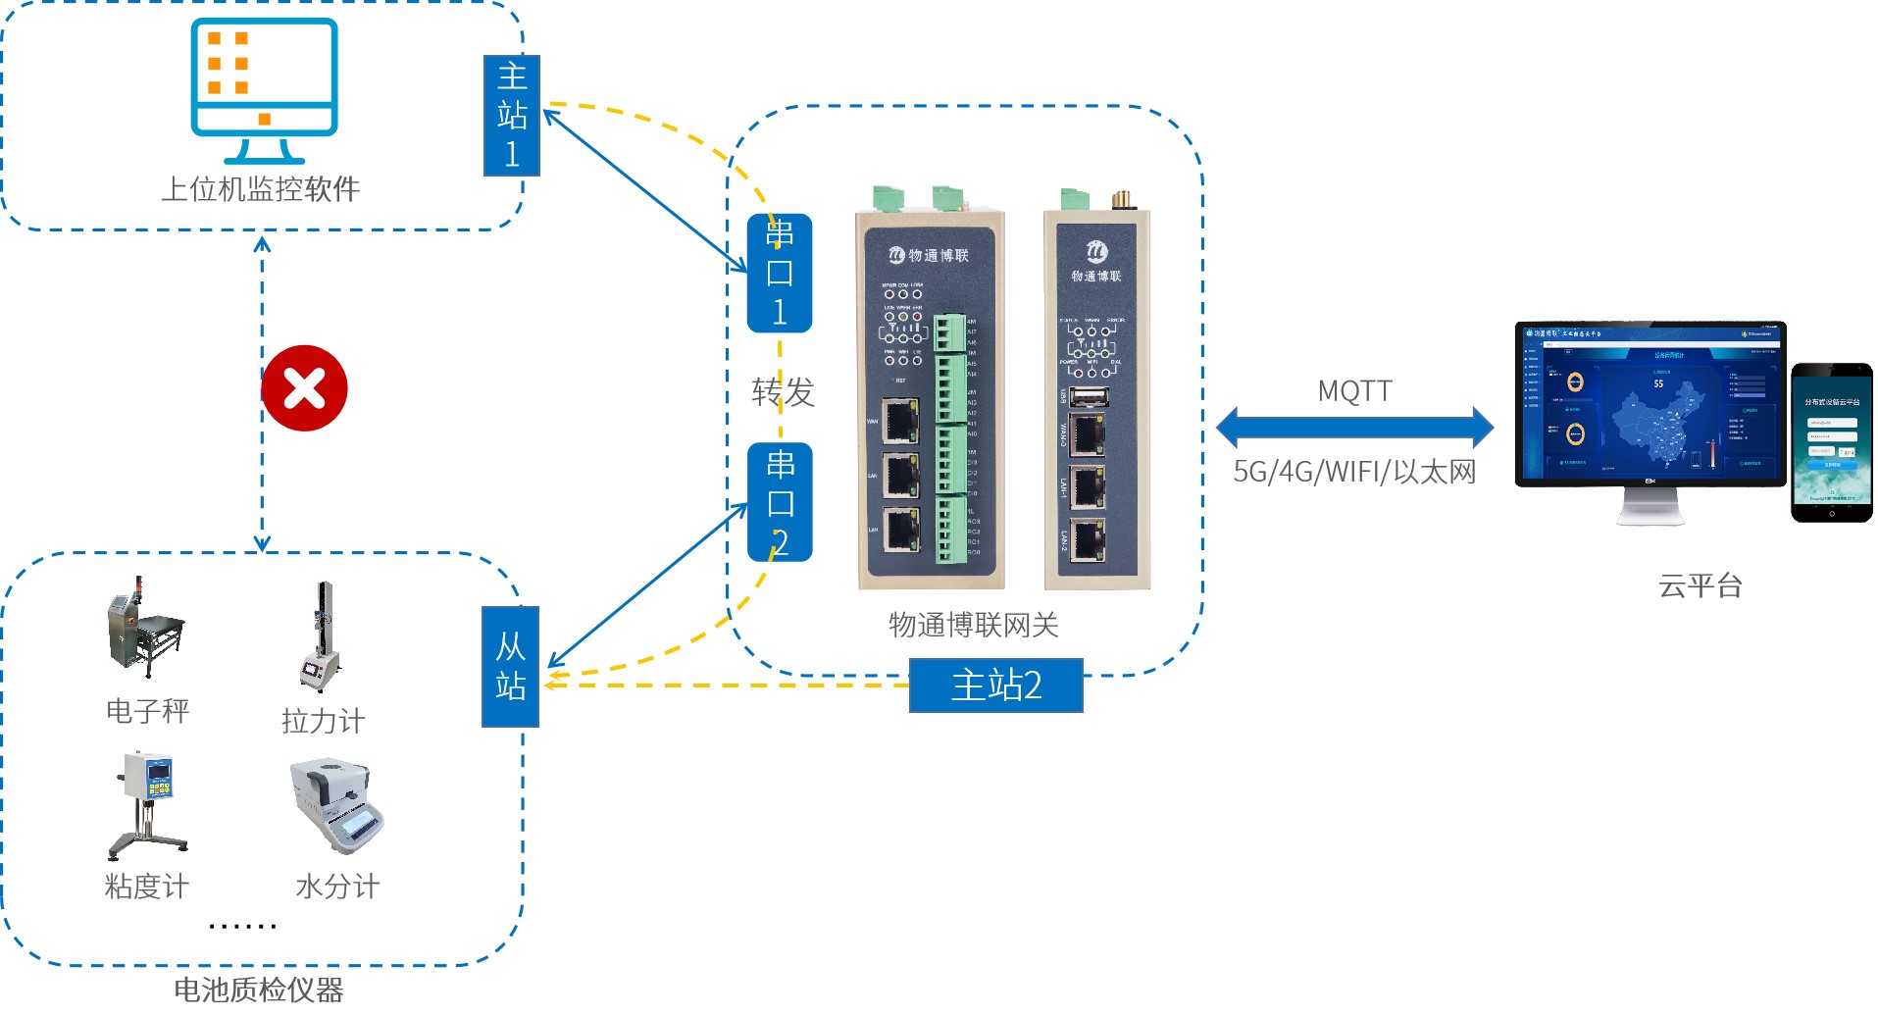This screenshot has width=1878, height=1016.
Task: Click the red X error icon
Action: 304,388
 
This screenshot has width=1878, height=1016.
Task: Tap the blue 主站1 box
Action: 512,116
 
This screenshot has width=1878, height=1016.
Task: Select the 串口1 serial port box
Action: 780,273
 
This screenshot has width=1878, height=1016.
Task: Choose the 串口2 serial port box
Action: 780,502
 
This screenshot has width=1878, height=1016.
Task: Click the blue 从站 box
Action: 510,667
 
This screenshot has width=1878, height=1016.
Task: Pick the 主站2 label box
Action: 995,685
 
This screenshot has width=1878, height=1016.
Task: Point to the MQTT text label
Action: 1354,391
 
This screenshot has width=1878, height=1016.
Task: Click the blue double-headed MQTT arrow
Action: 1354,427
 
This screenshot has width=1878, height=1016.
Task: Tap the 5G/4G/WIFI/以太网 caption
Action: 1354,472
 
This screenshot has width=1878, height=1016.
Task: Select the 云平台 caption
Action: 1700,586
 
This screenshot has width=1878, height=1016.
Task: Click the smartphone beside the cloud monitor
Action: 1831,442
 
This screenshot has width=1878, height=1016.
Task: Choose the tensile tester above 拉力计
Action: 322,637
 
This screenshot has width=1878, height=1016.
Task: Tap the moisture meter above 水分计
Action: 337,804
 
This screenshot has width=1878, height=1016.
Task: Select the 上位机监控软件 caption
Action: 261,188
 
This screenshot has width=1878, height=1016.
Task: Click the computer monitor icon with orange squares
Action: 264,89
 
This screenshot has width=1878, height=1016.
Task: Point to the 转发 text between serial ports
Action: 783,392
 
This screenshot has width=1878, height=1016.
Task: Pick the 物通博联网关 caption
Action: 973,625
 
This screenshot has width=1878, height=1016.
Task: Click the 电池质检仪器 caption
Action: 259,990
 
